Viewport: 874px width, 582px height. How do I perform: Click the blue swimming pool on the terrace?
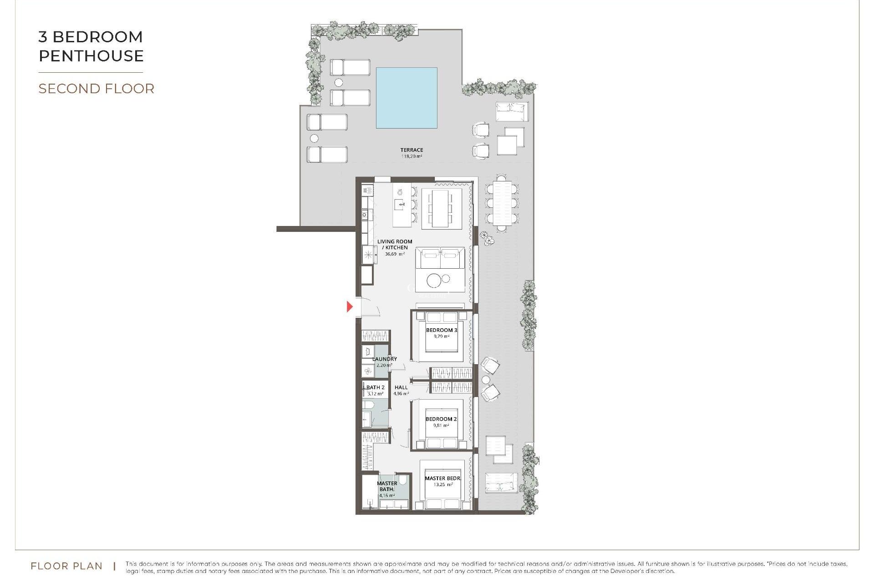tap(407, 98)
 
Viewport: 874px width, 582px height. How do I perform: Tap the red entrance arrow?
tap(350, 306)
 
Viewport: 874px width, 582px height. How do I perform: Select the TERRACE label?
tap(412, 150)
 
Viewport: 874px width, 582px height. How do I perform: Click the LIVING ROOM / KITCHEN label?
tap(395, 245)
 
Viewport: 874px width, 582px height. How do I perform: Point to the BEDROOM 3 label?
tap(441, 330)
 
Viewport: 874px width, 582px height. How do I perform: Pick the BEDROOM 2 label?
tap(441, 419)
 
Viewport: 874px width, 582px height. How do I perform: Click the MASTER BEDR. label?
tap(442, 478)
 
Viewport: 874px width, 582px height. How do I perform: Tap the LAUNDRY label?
tap(385, 359)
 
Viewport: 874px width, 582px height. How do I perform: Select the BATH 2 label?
tap(376, 387)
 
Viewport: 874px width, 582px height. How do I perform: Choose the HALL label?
tap(401, 387)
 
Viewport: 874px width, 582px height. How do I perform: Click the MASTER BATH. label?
tap(387, 486)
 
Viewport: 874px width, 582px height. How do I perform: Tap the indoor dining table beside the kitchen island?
tap(440, 208)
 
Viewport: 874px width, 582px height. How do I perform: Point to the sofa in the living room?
tap(440, 258)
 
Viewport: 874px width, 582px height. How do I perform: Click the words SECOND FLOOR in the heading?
tap(96, 88)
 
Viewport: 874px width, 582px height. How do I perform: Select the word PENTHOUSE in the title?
tap(91, 55)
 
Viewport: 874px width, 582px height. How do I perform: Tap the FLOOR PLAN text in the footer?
tap(66, 566)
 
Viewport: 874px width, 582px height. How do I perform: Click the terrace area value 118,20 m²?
tap(412, 156)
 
